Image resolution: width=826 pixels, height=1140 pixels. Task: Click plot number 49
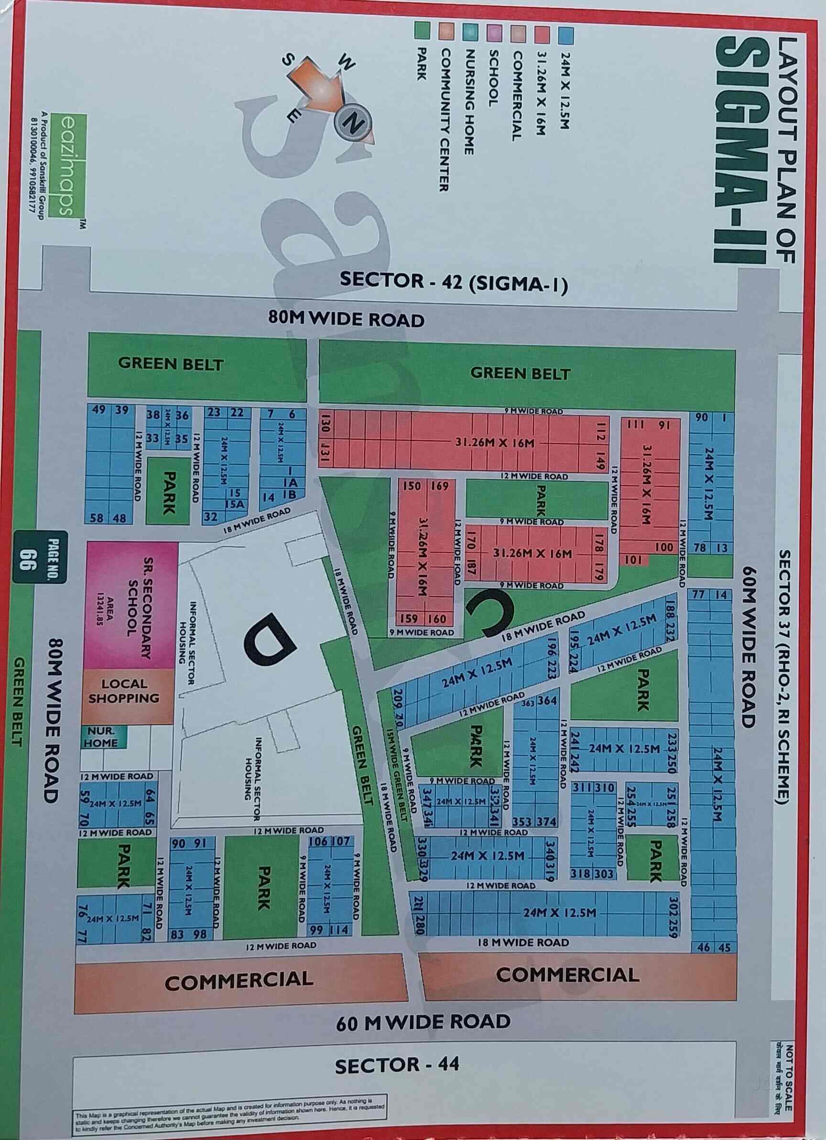coord(98,410)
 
